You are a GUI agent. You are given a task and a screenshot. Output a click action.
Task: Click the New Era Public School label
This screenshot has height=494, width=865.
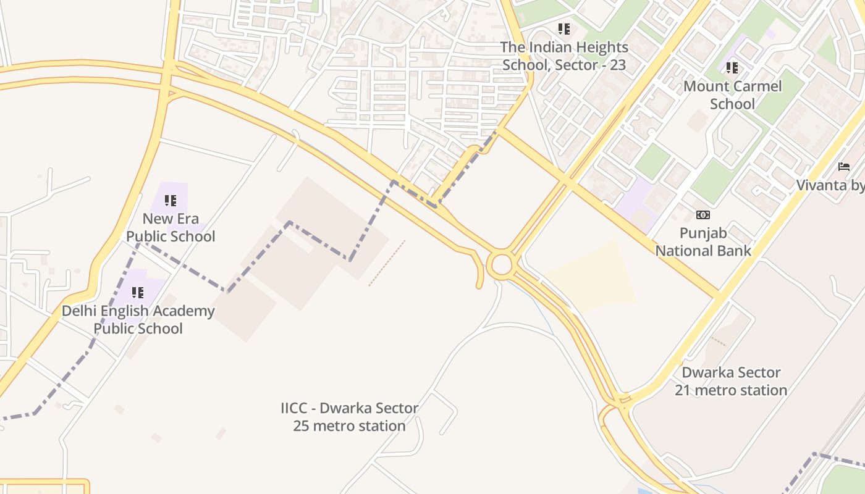coord(171,227)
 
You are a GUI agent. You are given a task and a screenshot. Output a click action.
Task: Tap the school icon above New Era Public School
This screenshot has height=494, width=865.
coord(170,200)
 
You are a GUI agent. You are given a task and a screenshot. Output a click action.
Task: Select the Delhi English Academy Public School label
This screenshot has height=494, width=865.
coord(138,319)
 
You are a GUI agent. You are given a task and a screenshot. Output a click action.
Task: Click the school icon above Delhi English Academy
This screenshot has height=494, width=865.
coord(137,292)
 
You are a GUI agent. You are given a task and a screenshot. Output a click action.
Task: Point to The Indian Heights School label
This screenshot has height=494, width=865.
coord(563,56)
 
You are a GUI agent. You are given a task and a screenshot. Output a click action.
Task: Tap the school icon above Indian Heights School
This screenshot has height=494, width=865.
coord(563,28)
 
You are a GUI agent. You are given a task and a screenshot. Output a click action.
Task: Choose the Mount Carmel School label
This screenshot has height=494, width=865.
coord(732,94)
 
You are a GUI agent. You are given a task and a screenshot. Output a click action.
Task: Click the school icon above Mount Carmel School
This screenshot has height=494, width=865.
coord(732,67)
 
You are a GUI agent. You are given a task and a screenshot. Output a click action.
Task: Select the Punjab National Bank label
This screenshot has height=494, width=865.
coord(703,241)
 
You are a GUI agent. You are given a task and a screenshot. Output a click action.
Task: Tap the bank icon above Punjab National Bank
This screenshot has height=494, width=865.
coord(703,215)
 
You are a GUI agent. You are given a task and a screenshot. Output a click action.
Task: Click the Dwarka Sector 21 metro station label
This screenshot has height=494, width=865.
coord(731,381)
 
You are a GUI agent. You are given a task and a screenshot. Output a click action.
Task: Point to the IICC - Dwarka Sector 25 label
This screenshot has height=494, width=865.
coord(349,417)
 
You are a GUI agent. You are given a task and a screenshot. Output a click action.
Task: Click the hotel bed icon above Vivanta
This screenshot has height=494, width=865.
coord(844,167)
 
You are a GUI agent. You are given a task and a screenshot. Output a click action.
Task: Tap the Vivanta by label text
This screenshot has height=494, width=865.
coord(830,185)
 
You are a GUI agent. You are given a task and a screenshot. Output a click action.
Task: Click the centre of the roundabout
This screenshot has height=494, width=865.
coord(501,265)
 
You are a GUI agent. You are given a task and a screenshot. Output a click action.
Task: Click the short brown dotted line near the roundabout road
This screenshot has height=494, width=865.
coord(387,263)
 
